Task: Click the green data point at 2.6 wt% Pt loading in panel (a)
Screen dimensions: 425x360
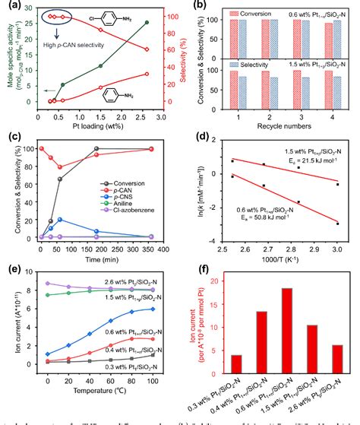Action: coord(147,22)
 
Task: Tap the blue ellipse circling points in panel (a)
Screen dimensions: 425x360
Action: coord(57,16)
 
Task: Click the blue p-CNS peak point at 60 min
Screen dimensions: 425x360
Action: coord(59,220)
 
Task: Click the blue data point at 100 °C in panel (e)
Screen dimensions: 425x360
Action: coord(154,309)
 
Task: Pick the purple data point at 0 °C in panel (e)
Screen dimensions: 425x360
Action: coord(47,283)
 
